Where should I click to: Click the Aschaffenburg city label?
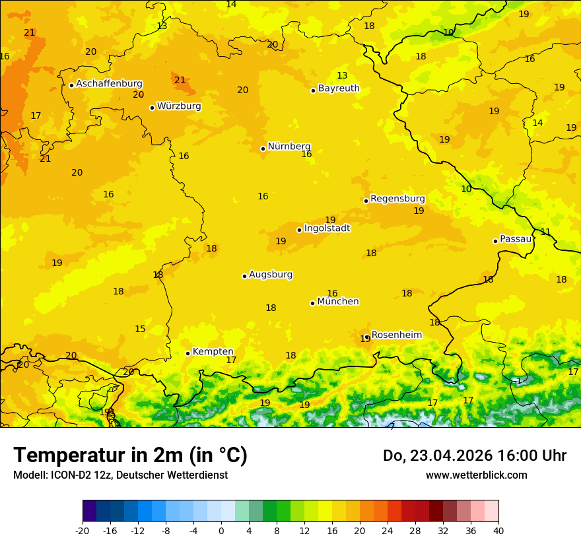(x=109, y=84)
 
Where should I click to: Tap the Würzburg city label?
(x=179, y=106)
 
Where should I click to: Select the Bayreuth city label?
(x=339, y=88)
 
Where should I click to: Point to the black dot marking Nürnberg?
(x=263, y=149)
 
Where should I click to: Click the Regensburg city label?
(x=397, y=199)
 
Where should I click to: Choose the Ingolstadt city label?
(x=327, y=228)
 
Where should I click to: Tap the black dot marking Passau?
(x=495, y=241)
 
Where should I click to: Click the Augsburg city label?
(x=271, y=275)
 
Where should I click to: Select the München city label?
(x=338, y=302)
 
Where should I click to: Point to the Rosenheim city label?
(x=396, y=335)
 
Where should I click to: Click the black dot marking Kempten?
(x=188, y=353)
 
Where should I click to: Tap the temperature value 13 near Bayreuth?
(x=342, y=76)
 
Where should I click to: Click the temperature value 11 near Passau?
(x=545, y=232)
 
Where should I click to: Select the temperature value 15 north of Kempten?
(x=140, y=329)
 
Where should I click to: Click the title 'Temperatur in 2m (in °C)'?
(x=130, y=456)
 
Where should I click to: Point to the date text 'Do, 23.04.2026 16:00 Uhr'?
(x=475, y=456)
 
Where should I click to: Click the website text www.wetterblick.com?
(x=476, y=475)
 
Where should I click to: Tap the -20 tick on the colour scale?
(x=83, y=531)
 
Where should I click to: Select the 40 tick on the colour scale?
(x=498, y=531)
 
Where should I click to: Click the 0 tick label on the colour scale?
(x=221, y=531)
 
